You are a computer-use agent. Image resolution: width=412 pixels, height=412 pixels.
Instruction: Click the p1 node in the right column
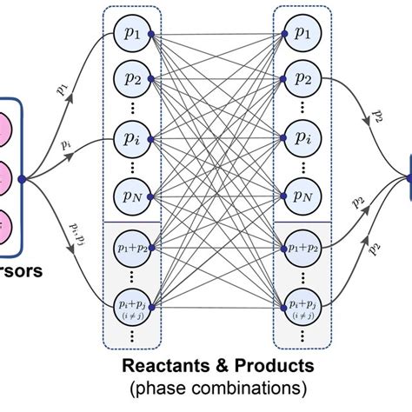point(301,34)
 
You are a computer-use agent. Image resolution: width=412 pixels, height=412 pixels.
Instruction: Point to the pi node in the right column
point(301,137)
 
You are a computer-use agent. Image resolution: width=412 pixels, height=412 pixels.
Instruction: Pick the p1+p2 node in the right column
point(301,249)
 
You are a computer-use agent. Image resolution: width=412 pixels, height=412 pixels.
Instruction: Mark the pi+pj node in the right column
point(301,306)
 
